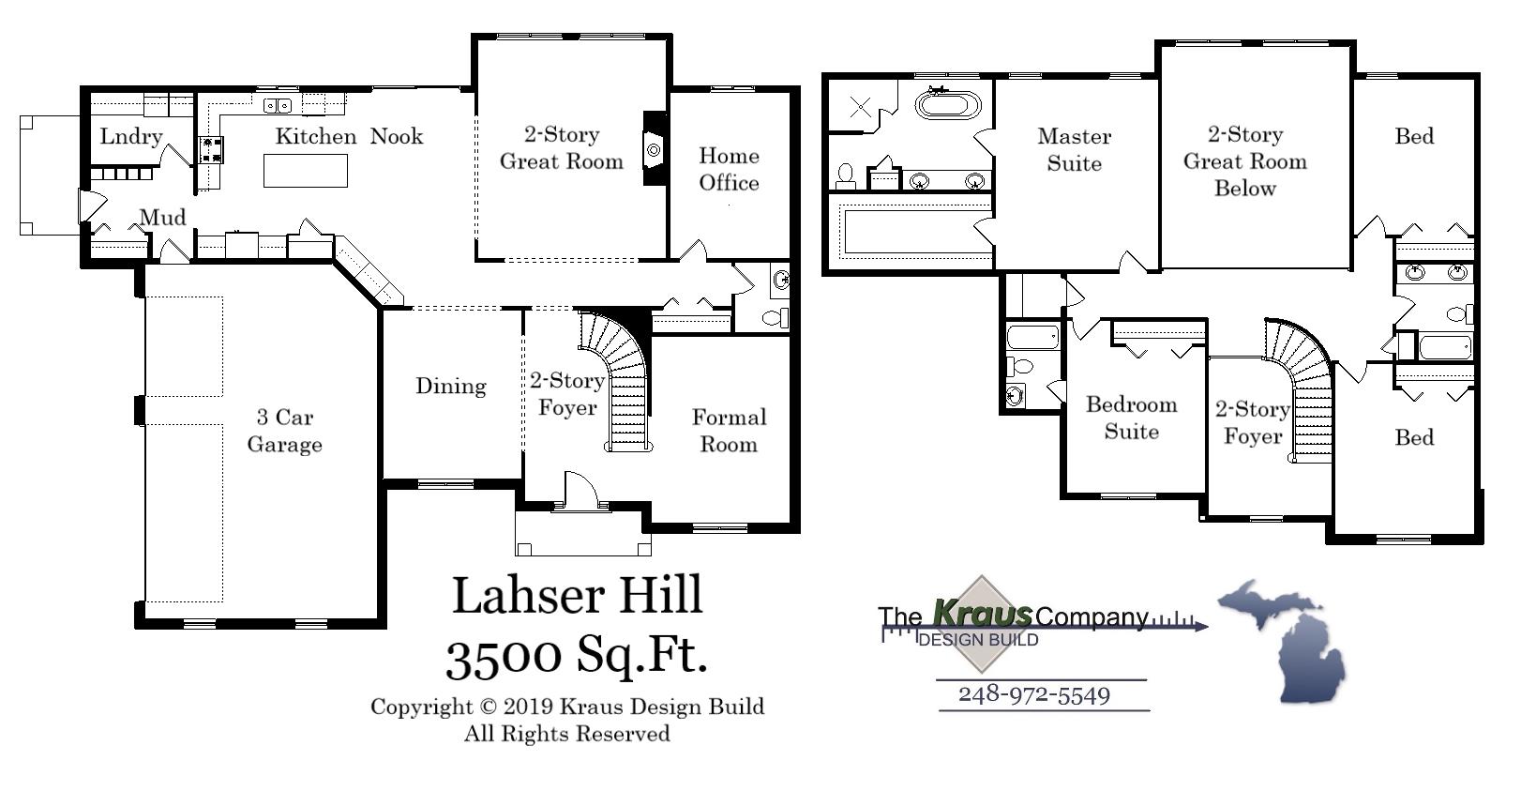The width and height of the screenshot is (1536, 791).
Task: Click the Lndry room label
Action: pyautogui.click(x=130, y=137)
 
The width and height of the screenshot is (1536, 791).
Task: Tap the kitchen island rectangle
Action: pyautogui.click(x=306, y=171)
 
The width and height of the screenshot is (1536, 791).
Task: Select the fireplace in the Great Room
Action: pyautogui.click(x=654, y=148)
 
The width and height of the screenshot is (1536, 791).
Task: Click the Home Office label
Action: pyautogui.click(x=729, y=169)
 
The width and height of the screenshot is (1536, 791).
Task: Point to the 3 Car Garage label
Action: pyautogui.click(x=284, y=431)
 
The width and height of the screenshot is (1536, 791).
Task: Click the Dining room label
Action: pyautogui.click(x=451, y=386)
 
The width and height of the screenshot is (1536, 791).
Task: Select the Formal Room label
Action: pyautogui.click(x=729, y=431)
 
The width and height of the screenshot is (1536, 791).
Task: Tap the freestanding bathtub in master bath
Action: pyautogui.click(x=947, y=102)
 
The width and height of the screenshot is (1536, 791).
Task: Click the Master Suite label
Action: pyautogui.click(x=1074, y=149)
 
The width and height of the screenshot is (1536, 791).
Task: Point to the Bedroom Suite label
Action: pyautogui.click(x=1131, y=418)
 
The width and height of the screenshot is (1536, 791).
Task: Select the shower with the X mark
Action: pyautogui.click(x=860, y=106)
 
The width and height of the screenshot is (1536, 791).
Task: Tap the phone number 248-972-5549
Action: pyautogui.click(x=1033, y=695)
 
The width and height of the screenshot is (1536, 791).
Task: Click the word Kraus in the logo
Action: pyautogui.click(x=983, y=615)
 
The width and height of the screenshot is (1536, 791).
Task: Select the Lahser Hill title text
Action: pyautogui.click(x=577, y=595)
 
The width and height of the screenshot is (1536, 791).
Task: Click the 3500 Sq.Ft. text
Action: pyautogui.click(x=576, y=655)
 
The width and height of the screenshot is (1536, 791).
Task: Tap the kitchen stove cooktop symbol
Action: pyautogui.click(x=211, y=148)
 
